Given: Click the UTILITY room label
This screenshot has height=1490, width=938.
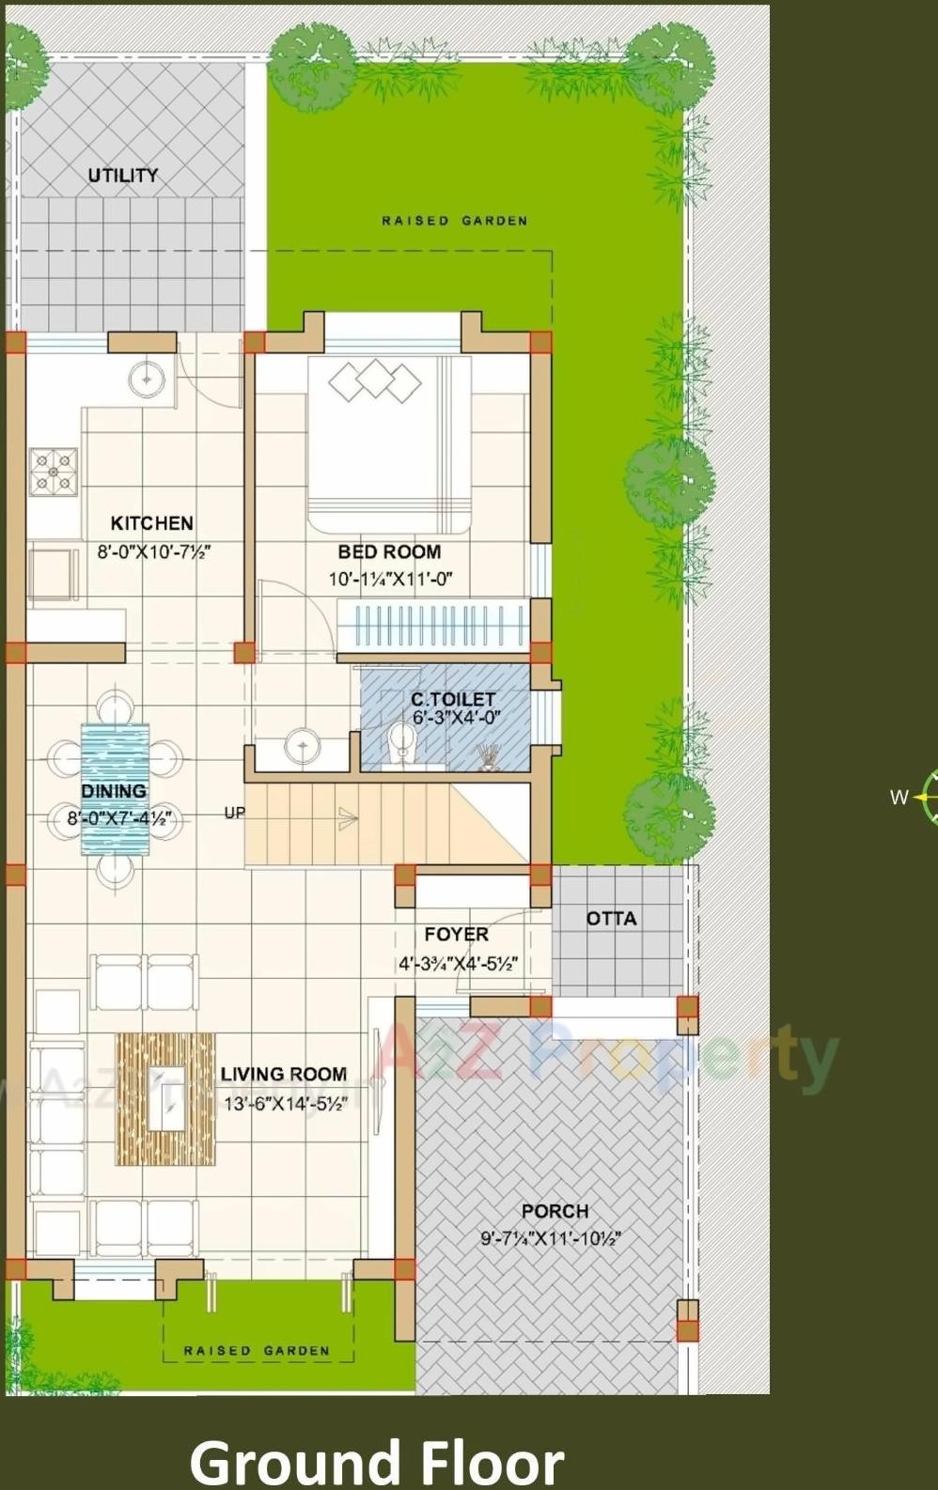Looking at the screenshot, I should [x=123, y=176].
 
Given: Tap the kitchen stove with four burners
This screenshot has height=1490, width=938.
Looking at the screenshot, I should [x=54, y=472].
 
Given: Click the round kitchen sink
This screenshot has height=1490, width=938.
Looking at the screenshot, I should [x=147, y=379].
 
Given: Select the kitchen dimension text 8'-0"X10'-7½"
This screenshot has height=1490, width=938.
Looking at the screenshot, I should [x=153, y=551].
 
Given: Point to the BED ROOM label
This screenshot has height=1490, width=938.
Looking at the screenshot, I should [x=389, y=552].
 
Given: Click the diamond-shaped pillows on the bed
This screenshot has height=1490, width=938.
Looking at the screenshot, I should [x=375, y=380].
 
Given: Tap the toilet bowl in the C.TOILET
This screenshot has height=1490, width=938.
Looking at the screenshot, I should [x=402, y=742].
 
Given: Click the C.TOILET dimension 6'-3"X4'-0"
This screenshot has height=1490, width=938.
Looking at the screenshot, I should [x=456, y=718].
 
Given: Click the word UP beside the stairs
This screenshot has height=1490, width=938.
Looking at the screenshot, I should [x=234, y=812].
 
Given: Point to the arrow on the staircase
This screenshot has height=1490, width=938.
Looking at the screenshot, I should [x=348, y=819].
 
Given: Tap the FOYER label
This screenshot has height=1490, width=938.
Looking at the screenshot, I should [x=456, y=934].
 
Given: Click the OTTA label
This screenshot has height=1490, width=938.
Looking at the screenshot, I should [x=611, y=919].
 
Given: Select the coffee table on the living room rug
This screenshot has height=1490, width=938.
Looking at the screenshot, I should [x=166, y=1097].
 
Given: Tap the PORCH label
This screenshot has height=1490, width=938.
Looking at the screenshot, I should [x=555, y=1211].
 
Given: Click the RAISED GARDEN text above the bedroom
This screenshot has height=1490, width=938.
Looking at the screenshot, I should [x=454, y=221].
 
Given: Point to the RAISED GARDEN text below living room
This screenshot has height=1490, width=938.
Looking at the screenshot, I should [x=256, y=1351].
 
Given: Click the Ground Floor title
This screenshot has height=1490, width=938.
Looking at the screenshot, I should [x=376, y=1462].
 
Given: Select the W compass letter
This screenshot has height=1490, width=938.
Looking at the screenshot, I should [x=899, y=798].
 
